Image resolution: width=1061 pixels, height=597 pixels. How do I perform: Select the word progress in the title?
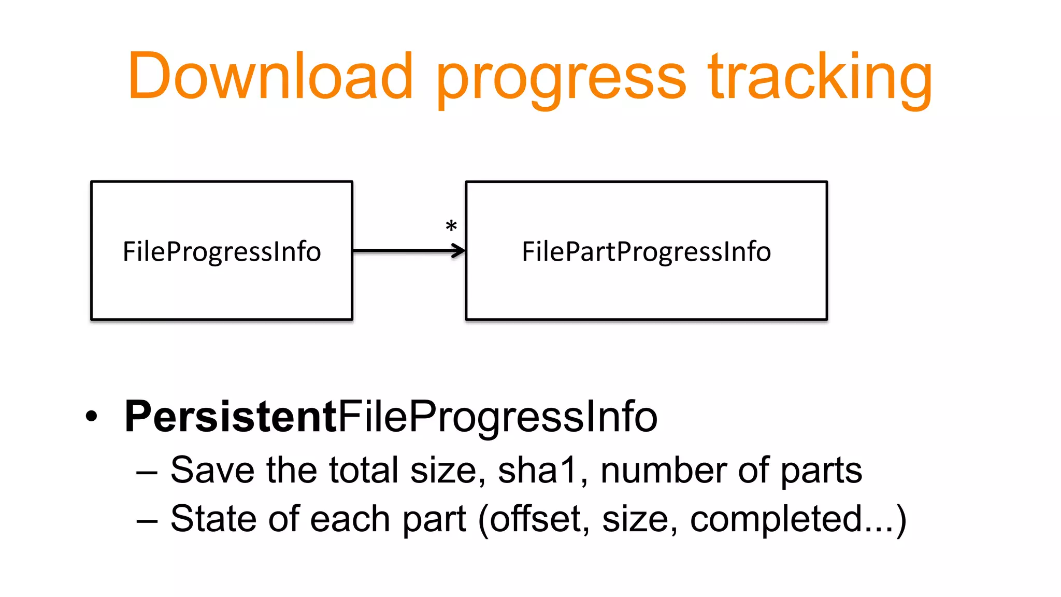point(562,80)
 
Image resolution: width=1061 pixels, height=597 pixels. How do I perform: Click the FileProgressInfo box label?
point(222,252)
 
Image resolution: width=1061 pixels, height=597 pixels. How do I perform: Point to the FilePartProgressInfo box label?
point(646,252)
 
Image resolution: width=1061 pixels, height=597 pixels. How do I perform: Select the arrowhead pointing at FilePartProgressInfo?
point(459,251)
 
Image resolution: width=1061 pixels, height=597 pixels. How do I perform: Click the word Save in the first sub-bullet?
point(212,470)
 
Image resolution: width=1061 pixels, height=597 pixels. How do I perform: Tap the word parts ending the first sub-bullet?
point(821,472)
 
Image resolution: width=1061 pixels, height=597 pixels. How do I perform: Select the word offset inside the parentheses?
point(536,518)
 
